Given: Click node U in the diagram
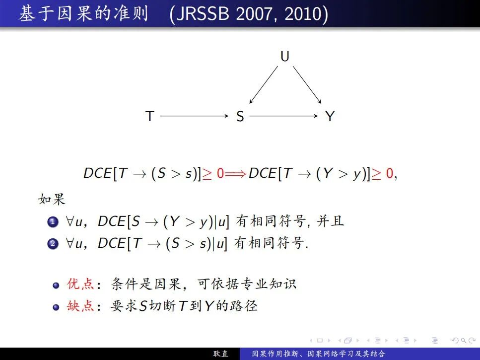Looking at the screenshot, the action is [285, 56].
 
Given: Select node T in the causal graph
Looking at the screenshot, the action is [150, 116].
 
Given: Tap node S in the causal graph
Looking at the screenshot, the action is [240, 116].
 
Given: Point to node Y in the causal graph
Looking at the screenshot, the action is [330, 116].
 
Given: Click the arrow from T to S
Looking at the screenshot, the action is [195, 116].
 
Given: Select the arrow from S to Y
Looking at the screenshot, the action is [284, 116].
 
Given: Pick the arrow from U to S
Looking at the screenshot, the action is [264, 85].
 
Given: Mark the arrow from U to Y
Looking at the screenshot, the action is [307, 85].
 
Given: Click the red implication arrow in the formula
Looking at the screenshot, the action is [235, 174].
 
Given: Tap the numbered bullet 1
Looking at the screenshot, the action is [53, 221].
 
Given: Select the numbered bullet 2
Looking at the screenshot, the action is [53, 244].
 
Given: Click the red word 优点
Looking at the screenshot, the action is [80, 284].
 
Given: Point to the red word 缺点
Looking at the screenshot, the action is [80, 306].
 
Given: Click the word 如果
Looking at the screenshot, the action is [52, 199].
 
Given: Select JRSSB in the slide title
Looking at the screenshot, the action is [203, 14].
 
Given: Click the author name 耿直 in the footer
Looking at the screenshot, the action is [221, 354].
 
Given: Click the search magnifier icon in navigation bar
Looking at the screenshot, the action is [464, 341].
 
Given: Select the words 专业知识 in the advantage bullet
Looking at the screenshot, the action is [269, 284].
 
